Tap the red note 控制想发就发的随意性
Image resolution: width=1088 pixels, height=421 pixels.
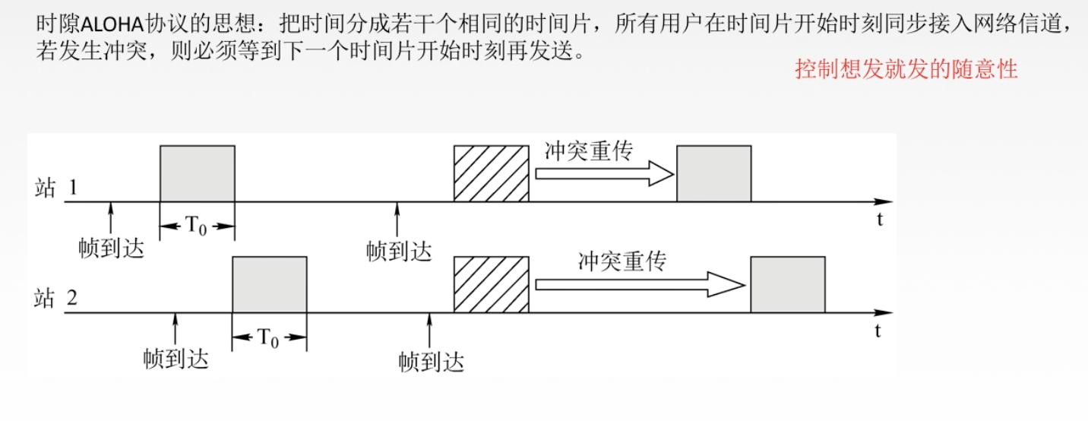pos(906,71)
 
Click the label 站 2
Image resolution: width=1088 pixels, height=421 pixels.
pos(55,299)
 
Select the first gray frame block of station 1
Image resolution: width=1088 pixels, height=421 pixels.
pos(197,173)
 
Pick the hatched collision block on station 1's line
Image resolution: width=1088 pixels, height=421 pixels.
pos(491,173)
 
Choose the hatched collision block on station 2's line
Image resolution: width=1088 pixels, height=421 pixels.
pos(491,284)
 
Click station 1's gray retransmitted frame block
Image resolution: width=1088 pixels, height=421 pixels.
pos(713,173)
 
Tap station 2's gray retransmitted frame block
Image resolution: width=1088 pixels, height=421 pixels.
pos(787,284)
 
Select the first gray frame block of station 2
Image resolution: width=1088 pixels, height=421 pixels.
pos(270,284)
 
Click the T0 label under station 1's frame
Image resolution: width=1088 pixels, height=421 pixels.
pos(197,226)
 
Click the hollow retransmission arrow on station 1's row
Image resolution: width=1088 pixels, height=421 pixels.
pos(604,176)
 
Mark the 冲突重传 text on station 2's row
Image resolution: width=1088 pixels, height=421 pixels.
pos(621,261)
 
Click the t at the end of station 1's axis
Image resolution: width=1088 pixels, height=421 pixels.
pos(878,220)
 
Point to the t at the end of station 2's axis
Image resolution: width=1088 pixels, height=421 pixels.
pos(878,331)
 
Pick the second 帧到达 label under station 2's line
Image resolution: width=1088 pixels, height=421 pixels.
pos(431,360)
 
